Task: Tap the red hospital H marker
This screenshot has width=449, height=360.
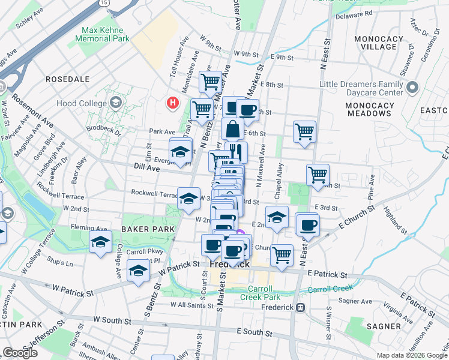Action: click(173, 103)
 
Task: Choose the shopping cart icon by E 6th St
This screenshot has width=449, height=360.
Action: click(304, 131)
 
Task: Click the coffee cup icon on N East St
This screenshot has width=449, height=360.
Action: click(308, 226)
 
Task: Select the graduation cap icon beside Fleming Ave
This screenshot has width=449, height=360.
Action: click(100, 243)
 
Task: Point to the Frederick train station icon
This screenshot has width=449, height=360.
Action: click(301, 307)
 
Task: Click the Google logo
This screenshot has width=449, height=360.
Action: click(20, 353)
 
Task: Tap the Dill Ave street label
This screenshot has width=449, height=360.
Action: click(146, 169)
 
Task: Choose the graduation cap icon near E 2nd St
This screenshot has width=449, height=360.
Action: click(276, 218)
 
